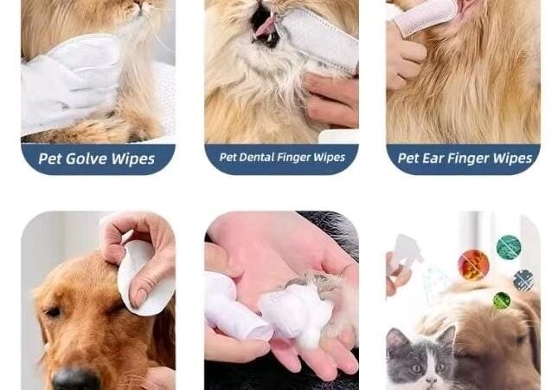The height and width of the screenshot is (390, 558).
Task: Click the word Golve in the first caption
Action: (87, 159)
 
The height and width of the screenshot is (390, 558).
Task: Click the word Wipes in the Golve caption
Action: (133, 159)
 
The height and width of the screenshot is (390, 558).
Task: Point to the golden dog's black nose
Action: (76, 379)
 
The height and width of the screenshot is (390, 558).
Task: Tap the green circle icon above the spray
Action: (509, 247)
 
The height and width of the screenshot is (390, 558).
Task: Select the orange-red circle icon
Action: (473, 265)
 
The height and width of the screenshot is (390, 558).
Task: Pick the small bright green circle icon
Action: (502, 301)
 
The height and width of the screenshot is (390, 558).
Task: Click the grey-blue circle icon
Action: (523, 280)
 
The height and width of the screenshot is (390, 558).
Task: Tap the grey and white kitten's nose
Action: (432, 380)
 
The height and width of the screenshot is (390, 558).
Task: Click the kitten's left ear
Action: (394, 339)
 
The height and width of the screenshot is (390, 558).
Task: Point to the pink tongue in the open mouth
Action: (265, 26)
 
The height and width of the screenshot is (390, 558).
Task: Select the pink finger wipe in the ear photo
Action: (424, 16)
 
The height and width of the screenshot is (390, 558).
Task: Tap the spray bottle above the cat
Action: (405, 253)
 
